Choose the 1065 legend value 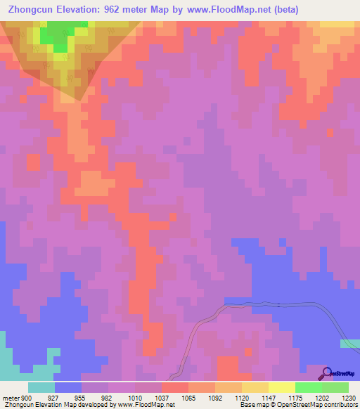[x=187, y=397]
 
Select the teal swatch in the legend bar [x=41, y=387]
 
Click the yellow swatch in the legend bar [x=255, y=387]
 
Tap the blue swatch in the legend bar [x=68, y=387]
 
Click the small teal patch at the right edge [x=349, y=343]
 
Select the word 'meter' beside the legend [x=11, y=397]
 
